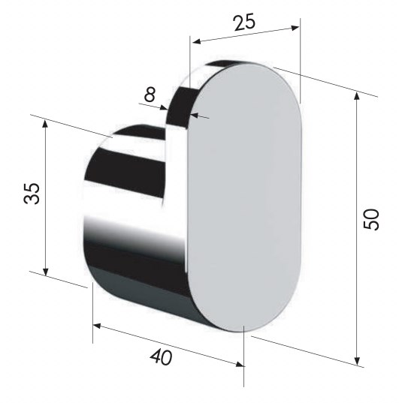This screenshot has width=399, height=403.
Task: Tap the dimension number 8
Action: point(150,94)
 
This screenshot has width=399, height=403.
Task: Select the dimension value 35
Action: point(32,194)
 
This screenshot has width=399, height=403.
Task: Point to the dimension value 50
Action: point(371,219)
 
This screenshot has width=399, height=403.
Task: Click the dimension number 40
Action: point(161,357)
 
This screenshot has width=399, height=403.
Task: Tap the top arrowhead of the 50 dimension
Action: point(356,96)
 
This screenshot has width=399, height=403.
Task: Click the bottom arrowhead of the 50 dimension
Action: point(357,360)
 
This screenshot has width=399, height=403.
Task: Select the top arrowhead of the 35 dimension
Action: point(45,124)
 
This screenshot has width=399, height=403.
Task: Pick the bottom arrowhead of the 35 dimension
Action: point(46,271)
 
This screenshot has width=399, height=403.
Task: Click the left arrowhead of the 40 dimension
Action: point(97,326)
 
